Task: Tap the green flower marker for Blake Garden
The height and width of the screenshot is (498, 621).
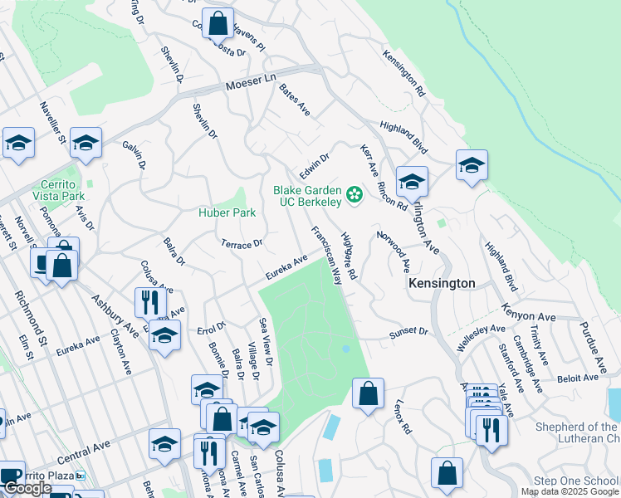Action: pyautogui.click(x=355, y=196)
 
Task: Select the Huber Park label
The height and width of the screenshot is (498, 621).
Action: pyautogui.click(x=226, y=212)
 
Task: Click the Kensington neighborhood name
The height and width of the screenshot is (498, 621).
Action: pyautogui.click(x=442, y=283)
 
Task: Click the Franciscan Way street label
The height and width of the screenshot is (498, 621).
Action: pyautogui.click(x=326, y=255)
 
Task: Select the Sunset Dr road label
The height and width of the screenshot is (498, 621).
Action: pyautogui.click(x=408, y=332)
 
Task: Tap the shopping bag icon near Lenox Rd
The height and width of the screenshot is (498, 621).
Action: pyautogui.click(x=368, y=393)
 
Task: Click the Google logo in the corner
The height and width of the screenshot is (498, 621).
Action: pyautogui.click(x=27, y=488)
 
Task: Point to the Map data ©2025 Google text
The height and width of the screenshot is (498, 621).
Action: pyautogui.click(x=570, y=491)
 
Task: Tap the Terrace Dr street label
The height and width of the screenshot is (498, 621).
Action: pyautogui.click(x=242, y=244)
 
